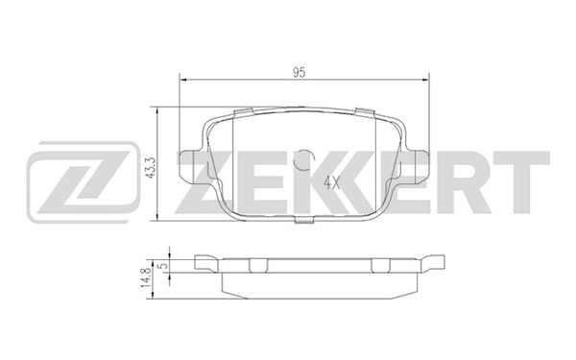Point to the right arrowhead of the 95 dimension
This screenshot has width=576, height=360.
423,82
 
